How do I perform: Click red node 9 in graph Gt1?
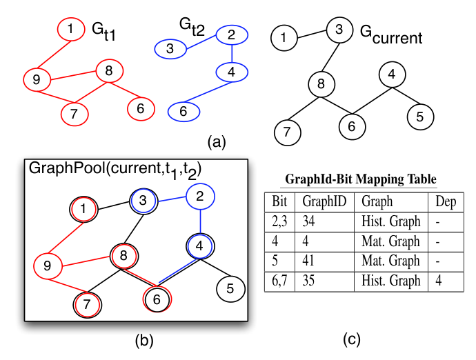click(x=37, y=80)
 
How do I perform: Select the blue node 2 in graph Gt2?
click(x=232, y=35)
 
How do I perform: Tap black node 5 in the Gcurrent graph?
click(x=420, y=117)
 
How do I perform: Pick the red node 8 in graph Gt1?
click(x=109, y=71)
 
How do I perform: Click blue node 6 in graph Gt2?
click(x=184, y=112)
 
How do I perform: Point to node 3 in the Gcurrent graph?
click(x=339, y=30)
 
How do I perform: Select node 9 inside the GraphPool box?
click(x=48, y=266)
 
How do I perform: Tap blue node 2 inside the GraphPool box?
click(x=200, y=197)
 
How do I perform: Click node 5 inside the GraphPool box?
click(x=230, y=289)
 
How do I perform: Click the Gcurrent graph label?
click(x=391, y=35)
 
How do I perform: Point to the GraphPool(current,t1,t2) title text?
click(x=115, y=170)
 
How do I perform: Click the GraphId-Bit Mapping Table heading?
click(x=361, y=179)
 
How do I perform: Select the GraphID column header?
click(x=324, y=201)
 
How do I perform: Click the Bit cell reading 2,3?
click(x=279, y=221)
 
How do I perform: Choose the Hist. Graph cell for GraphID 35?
click(x=391, y=281)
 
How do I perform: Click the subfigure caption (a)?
click(x=217, y=142)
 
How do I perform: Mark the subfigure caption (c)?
click(x=352, y=339)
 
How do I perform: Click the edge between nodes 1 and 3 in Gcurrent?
click(x=312, y=34)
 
